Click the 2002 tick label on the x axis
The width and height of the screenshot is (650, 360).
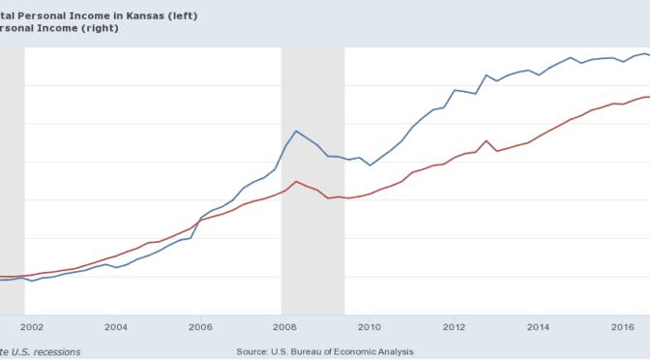click(x=31, y=328)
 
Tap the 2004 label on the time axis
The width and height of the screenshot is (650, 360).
click(x=116, y=328)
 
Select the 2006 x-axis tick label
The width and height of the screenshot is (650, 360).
click(x=200, y=328)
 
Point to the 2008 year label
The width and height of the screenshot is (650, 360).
click(x=284, y=328)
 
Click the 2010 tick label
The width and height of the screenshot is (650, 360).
click(x=369, y=328)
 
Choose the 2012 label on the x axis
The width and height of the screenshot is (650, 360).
click(x=454, y=328)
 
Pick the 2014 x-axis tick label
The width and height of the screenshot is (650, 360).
click(x=539, y=328)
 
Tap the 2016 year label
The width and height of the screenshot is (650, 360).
click(x=623, y=328)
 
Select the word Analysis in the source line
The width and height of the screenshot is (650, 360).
click(x=392, y=350)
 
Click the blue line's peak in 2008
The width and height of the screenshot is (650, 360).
click(x=296, y=131)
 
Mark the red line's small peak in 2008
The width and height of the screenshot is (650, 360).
click(x=296, y=181)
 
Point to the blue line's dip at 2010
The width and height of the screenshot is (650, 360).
click(x=369, y=165)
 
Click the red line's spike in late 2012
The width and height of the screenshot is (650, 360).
click(x=486, y=140)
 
